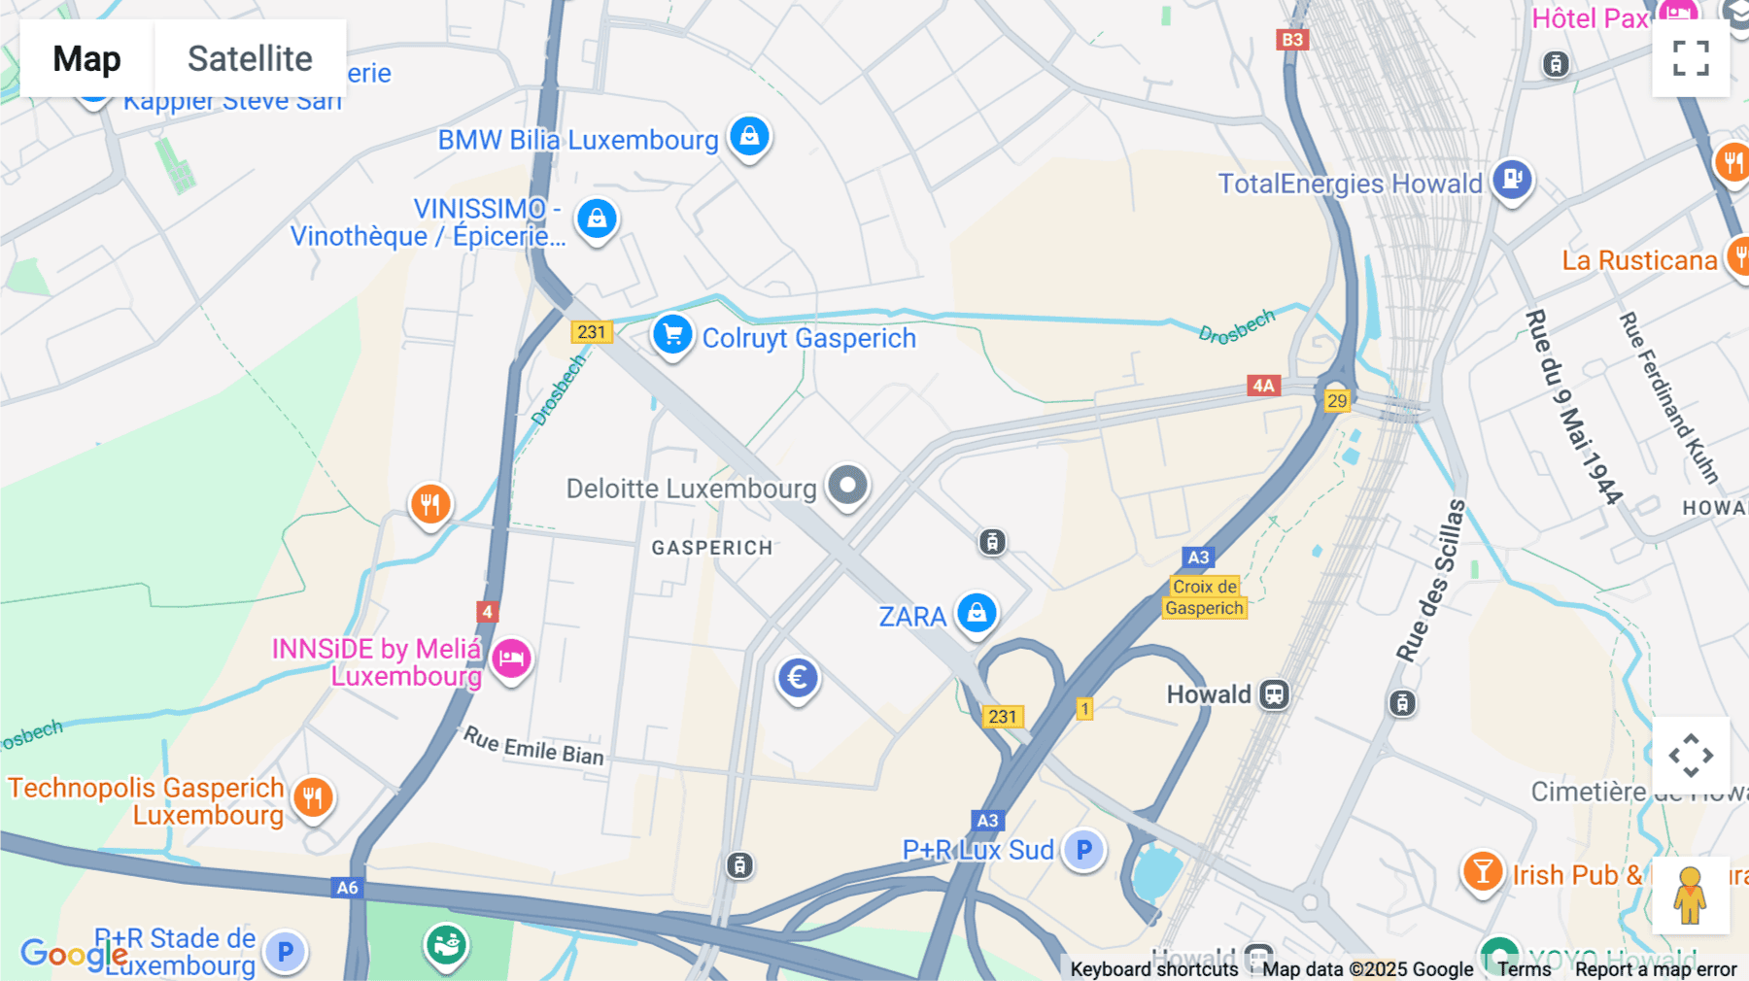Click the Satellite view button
250,58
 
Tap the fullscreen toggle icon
1691,58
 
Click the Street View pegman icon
1690,895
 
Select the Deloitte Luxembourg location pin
847,485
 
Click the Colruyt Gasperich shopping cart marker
672,335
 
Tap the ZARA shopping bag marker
977,614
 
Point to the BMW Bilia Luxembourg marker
749,137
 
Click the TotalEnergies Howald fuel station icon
1512,180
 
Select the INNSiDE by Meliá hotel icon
511,660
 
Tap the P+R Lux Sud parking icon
1083,850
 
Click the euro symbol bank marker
798,678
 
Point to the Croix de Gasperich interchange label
1204,597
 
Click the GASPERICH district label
712,548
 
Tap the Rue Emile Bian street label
533,746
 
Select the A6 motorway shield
347,887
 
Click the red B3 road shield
1292,40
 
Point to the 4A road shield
1263,386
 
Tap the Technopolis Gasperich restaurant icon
312,798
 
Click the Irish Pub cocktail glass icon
1483,872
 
